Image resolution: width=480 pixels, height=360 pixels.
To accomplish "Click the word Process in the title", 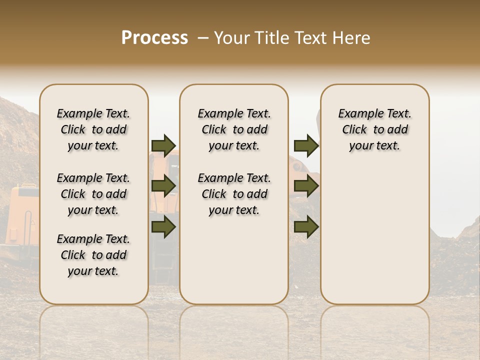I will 154,37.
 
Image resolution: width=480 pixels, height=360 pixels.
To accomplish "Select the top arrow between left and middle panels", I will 163,145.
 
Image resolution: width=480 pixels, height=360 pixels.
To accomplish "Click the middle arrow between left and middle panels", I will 163,186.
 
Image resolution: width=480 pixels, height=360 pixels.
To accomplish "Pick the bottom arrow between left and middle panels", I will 163,227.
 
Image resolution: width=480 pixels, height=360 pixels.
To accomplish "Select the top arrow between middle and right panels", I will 306,145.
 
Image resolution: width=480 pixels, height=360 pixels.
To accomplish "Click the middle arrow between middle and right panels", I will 306,186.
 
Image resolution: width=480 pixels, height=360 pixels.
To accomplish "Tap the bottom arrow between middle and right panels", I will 306,227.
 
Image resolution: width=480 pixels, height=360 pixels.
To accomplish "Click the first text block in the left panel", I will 93,129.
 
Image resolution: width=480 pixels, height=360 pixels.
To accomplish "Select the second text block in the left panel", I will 93,194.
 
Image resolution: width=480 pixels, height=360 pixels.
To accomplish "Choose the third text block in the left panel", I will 93,255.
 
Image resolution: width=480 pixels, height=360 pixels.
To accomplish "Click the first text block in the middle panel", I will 234,129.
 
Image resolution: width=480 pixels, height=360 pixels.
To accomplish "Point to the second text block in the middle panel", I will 234,194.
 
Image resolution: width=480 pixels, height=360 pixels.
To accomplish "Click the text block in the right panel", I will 375,129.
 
